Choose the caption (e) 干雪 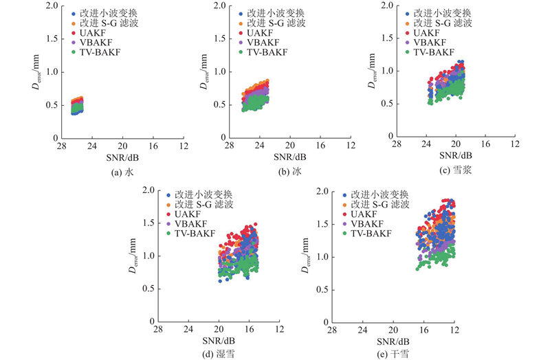pyautogui.click(x=392, y=354)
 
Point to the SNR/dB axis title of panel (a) pyautogui.click(x=122, y=157)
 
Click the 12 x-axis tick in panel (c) pyautogui.click(x=516, y=146)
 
